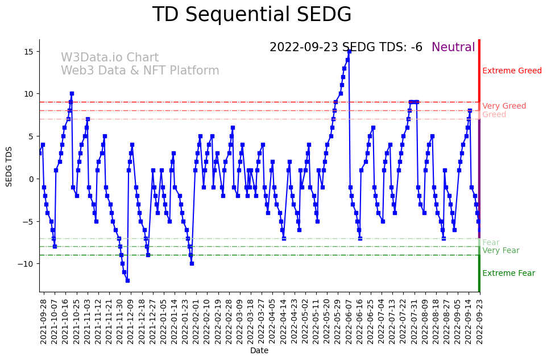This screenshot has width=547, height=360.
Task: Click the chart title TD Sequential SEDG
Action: [252, 15]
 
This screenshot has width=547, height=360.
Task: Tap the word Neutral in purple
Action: [453, 48]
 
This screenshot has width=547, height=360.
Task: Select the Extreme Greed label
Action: [512, 71]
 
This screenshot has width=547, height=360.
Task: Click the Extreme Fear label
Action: [508, 274]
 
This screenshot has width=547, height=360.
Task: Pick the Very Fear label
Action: [500, 251]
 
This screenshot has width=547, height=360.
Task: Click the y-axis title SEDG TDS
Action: [9, 165]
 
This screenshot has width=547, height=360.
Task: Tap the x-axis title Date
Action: [259, 351]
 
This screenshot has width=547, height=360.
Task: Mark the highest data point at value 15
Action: [349, 51]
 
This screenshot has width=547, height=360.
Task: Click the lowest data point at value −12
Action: [127, 280]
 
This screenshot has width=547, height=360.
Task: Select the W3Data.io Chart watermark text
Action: [110, 58]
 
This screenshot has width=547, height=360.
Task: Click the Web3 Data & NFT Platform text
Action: [140, 71]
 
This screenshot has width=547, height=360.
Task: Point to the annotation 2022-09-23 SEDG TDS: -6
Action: [346, 48]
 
